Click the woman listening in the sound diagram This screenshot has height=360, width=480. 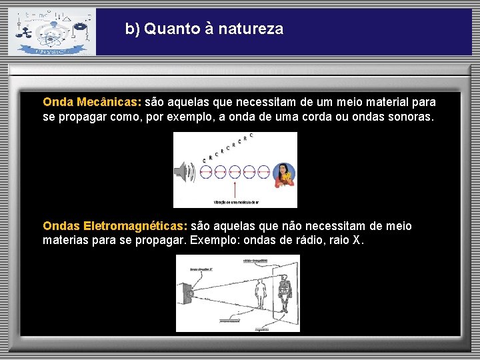point(285,175)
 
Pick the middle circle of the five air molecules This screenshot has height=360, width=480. point(235,173)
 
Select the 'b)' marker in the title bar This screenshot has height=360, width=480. point(133,29)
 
